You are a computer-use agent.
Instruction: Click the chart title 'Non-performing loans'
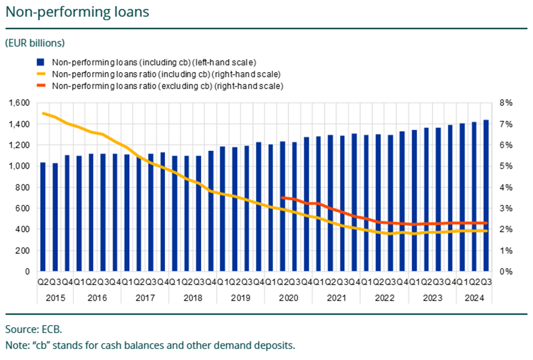[77, 12]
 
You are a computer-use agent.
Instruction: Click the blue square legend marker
[40, 62]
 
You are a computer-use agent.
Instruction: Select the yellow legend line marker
[40, 74]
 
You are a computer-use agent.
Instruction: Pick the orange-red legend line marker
[40, 86]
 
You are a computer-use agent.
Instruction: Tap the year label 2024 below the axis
[474, 298]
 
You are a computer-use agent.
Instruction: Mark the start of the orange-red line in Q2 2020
[283, 198]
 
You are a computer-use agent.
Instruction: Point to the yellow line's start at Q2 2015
[43, 113]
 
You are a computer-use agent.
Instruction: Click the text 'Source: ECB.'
[34, 329]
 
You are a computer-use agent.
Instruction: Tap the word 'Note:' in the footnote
[16, 346]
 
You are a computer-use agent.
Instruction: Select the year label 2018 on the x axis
[193, 298]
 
